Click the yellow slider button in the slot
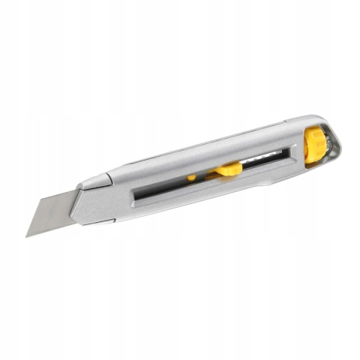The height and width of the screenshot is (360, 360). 229,169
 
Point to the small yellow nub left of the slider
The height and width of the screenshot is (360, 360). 192,178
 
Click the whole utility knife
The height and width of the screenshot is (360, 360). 180,176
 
